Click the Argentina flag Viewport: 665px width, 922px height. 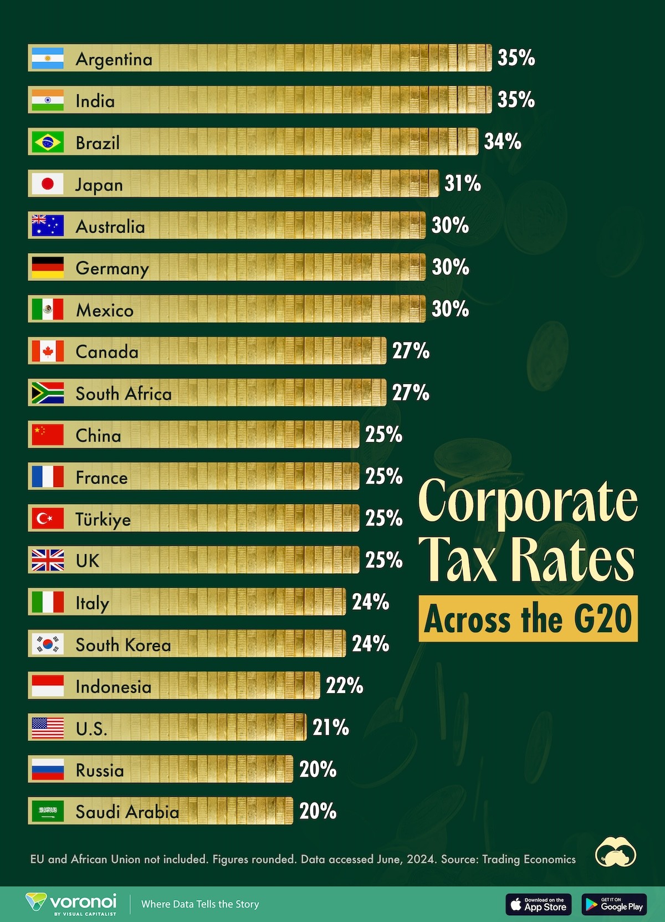pos(48,58)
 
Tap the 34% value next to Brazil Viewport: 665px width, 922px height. pos(503,142)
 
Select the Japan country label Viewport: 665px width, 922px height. pos(99,185)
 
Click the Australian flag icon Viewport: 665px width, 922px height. pos(48,226)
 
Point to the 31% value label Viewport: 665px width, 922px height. pos(463,183)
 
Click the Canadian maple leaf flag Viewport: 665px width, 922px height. pos(48,351)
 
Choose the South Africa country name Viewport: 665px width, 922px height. pos(124,394)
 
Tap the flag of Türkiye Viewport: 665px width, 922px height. pos(48,519)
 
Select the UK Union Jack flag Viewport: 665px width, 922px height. pos(48,560)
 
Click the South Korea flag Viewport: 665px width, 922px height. pos(48,644)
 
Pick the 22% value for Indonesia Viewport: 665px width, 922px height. pos(344,686)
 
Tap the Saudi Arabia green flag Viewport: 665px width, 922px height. pos(48,812)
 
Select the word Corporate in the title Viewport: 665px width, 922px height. pos(528,501)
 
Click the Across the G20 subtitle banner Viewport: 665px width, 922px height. pos(528,619)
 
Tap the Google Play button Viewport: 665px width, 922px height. pos(614,904)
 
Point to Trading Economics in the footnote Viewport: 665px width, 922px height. pos(529,859)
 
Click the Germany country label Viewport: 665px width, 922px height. pos(112,269)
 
